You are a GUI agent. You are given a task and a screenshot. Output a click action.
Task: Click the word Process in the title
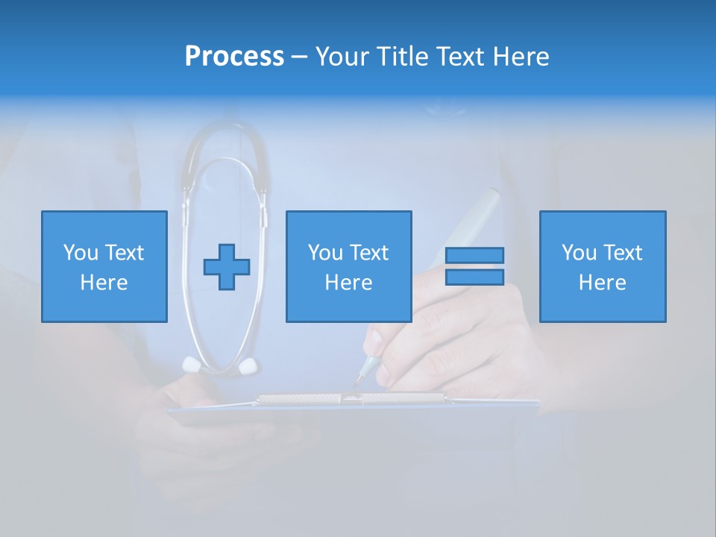point(234,57)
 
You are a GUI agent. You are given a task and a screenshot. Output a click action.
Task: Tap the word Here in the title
point(521,57)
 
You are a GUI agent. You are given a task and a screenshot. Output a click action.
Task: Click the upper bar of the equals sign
point(474,255)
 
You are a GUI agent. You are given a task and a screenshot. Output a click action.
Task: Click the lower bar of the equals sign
point(474,277)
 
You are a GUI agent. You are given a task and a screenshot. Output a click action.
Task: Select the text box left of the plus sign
point(104,266)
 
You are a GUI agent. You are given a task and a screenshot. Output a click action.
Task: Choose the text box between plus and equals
point(348,266)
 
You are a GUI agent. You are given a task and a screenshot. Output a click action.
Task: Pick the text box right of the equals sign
point(603,266)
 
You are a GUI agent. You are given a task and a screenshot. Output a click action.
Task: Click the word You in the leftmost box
point(81,253)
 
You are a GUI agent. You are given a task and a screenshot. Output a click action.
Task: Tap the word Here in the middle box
point(348,283)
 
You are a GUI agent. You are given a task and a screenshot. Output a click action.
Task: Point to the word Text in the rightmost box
point(624,253)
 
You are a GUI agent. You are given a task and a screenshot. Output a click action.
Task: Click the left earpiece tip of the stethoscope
point(192,364)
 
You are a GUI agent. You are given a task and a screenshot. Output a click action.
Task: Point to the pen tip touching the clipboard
point(356,386)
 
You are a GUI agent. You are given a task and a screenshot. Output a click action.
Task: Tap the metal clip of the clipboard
point(351,400)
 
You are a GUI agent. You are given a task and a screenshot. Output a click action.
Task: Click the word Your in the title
point(343,57)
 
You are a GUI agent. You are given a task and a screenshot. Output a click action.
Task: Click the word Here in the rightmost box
point(603,283)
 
